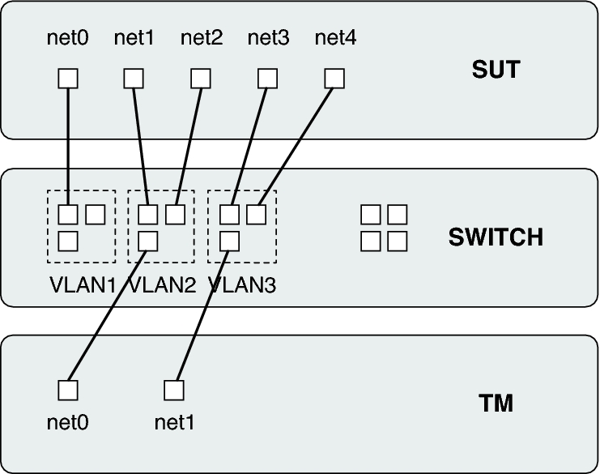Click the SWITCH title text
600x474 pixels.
pyautogui.click(x=496, y=238)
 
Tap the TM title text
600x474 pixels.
pyautogui.click(x=496, y=404)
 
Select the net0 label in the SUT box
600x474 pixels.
pyautogui.click(x=68, y=37)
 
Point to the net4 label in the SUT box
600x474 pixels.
pyautogui.click(x=334, y=37)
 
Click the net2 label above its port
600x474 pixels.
pyautogui.click(x=201, y=37)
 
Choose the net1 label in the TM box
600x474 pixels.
pyautogui.click(x=174, y=422)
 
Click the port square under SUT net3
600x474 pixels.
pyautogui.click(x=267, y=78)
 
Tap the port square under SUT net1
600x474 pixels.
pyautogui.click(x=134, y=78)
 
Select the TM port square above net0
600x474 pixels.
pyautogui.click(x=68, y=390)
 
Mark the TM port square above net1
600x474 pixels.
pyautogui.click(x=174, y=390)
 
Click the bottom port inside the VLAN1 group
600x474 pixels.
pyautogui.click(x=68, y=241)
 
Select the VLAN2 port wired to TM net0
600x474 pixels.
pyautogui.click(x=147, y=241)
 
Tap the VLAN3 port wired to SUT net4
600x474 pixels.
pyautogui.click(x=257, y=215)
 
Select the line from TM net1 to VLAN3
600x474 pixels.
pyautogui.click(x=202, y=316)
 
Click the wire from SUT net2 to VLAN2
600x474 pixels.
pyautogui.click(x=189, y=146)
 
